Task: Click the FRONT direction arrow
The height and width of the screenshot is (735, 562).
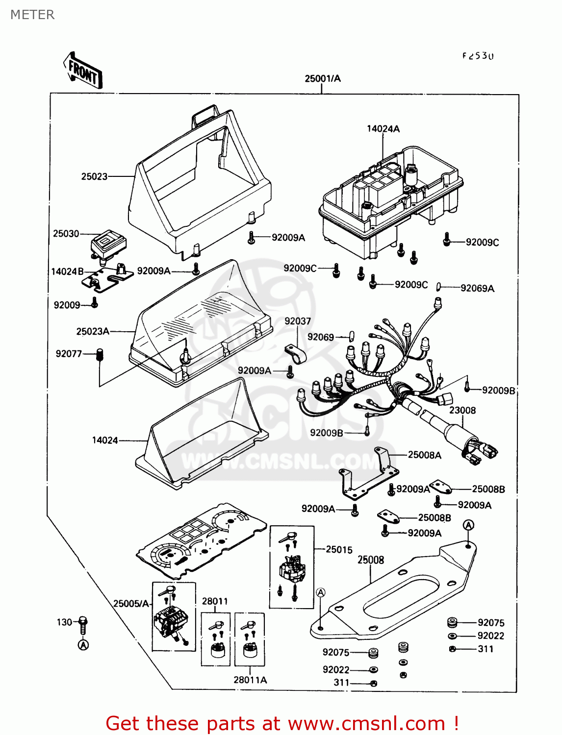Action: [x=83, y=71]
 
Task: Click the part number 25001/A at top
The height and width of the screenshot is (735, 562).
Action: [x=322, y=78]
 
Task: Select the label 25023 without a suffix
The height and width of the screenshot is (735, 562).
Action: [x=94, y=176]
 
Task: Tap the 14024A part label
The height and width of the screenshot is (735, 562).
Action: [x=383, y=129]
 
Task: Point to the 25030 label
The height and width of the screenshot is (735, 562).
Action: [x=66, y=234]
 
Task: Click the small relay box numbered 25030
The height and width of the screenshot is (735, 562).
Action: [x=109, y=244]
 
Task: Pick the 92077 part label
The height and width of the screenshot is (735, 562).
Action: [x=69, y=354]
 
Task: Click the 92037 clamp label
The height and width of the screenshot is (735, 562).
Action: [x=298, y=321]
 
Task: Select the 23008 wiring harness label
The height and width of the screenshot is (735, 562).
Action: [x=462, y=410]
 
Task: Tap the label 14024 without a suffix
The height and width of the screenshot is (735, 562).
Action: [x=105, y=441]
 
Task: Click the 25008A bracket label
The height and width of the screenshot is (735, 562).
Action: [x=424, y=455]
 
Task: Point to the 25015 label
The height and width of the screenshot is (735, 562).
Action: [x=339, y=550]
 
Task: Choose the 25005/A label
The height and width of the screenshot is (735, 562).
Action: [x=131, y=604]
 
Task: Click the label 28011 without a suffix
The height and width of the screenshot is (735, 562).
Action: [x=215, y=601]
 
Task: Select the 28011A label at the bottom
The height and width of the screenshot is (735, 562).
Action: [x=250, y=680]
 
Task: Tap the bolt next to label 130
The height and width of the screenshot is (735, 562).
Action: [x=83, y=624]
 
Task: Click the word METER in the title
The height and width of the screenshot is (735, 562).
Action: [x=32, y=15]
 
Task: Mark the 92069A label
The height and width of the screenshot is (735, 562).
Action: [x=477, y=289]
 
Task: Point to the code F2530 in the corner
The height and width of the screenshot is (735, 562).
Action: [x=478, y=56]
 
